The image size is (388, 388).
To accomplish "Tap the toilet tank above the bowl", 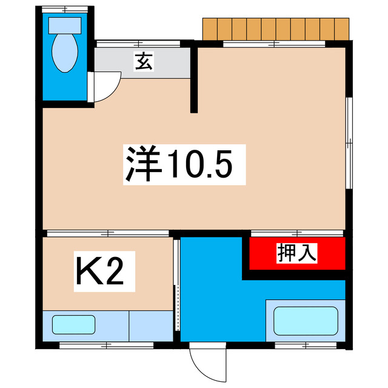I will click(x=64, y=25).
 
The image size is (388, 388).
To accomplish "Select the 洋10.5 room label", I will click(x=179, y=164).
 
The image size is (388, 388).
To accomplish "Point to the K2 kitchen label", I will click(x=100, y=273).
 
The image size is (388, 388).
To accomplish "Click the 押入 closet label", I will click(x=297, y=252).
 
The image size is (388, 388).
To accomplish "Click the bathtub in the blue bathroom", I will click(x=306, y=321).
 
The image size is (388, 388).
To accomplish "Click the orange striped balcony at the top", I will click(x=276, y=28).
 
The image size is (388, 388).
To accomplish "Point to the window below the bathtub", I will click(x=306, y=346).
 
